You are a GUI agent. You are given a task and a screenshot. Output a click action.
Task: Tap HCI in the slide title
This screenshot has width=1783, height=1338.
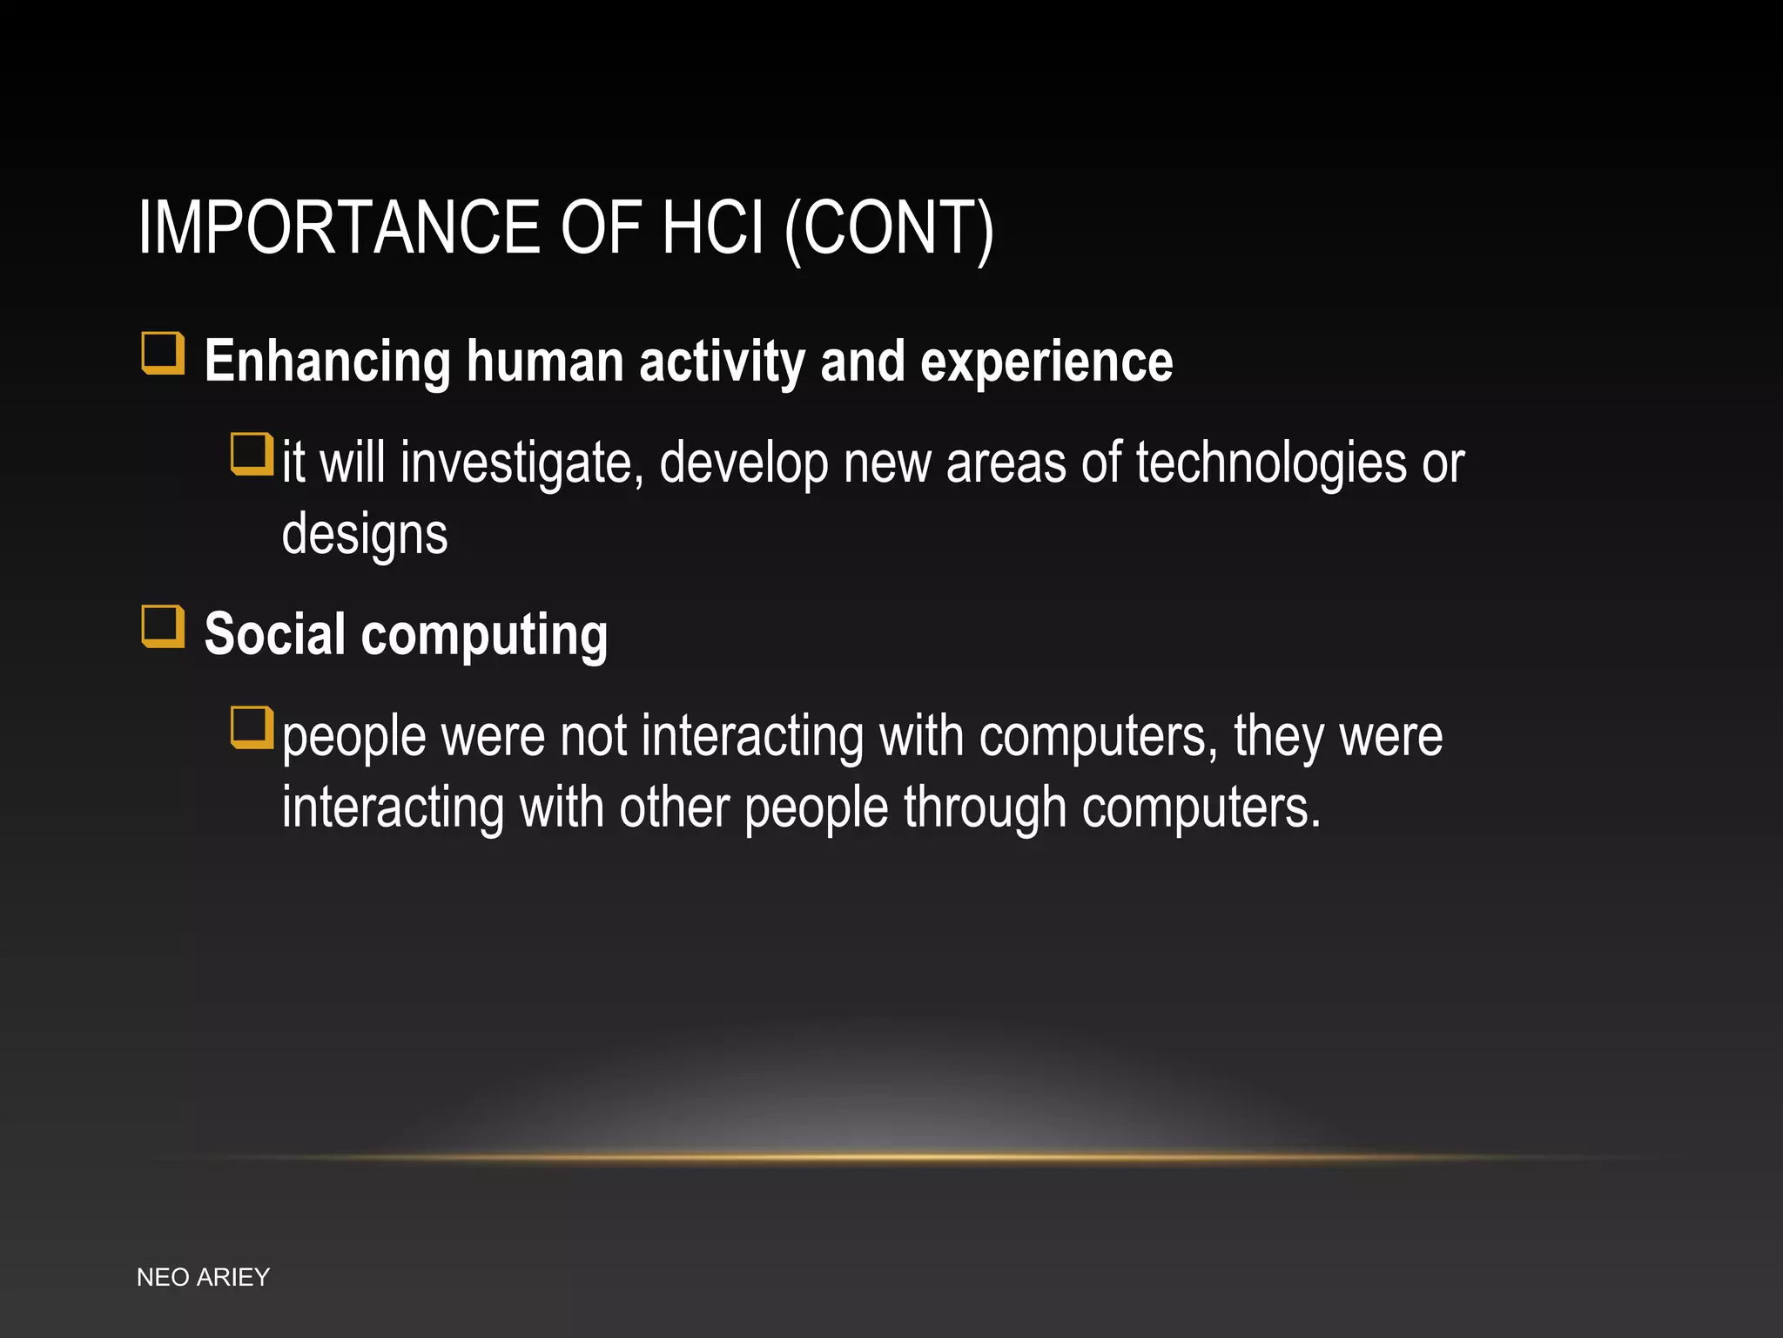click(712, 227)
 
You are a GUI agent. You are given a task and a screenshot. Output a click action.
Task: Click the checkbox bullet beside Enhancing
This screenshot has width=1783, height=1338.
click(163, 353)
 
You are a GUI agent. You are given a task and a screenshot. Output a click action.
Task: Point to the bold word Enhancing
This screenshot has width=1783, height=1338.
click(327, 362)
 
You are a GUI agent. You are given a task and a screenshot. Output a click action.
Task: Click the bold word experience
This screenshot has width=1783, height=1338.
click(1046, 362)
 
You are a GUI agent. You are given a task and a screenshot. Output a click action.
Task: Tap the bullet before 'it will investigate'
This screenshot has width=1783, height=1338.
click(252, 454)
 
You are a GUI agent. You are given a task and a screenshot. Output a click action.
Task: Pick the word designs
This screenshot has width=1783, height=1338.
click(365, 535)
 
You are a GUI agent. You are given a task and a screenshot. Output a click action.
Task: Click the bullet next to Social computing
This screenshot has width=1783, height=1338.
click(163, 626)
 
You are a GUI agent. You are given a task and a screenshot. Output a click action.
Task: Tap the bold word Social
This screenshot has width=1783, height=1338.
click(274, 634)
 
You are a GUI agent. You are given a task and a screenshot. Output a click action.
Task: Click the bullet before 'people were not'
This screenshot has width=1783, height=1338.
click(252, 727)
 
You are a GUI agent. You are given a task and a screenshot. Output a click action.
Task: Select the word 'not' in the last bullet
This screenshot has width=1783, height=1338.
click(593, 737)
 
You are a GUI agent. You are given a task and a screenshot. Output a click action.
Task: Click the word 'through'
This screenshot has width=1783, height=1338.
click(985, 808)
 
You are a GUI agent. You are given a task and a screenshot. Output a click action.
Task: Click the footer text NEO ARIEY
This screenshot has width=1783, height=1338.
click(203, 1277)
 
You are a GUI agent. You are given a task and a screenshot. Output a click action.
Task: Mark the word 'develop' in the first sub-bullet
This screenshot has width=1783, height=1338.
click(743, 463)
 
